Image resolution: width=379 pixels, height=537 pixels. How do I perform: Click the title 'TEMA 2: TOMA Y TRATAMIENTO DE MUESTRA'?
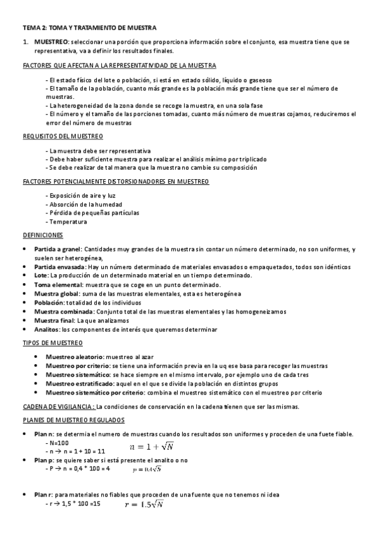coord(89,28)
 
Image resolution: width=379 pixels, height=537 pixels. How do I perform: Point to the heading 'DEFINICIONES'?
coord(42,235)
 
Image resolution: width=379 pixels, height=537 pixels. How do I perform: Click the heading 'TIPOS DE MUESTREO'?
coord(53,343)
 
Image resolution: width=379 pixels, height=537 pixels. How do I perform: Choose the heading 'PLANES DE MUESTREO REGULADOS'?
coord(73,420)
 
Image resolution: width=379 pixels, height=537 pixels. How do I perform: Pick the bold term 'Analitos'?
coord(47,329)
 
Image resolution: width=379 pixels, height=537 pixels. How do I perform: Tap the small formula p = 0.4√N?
coord(147,469)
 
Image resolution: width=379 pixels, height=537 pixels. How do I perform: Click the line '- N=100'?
coord(58,442)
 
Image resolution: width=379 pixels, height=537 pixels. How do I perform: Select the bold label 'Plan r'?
coord(43,495)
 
